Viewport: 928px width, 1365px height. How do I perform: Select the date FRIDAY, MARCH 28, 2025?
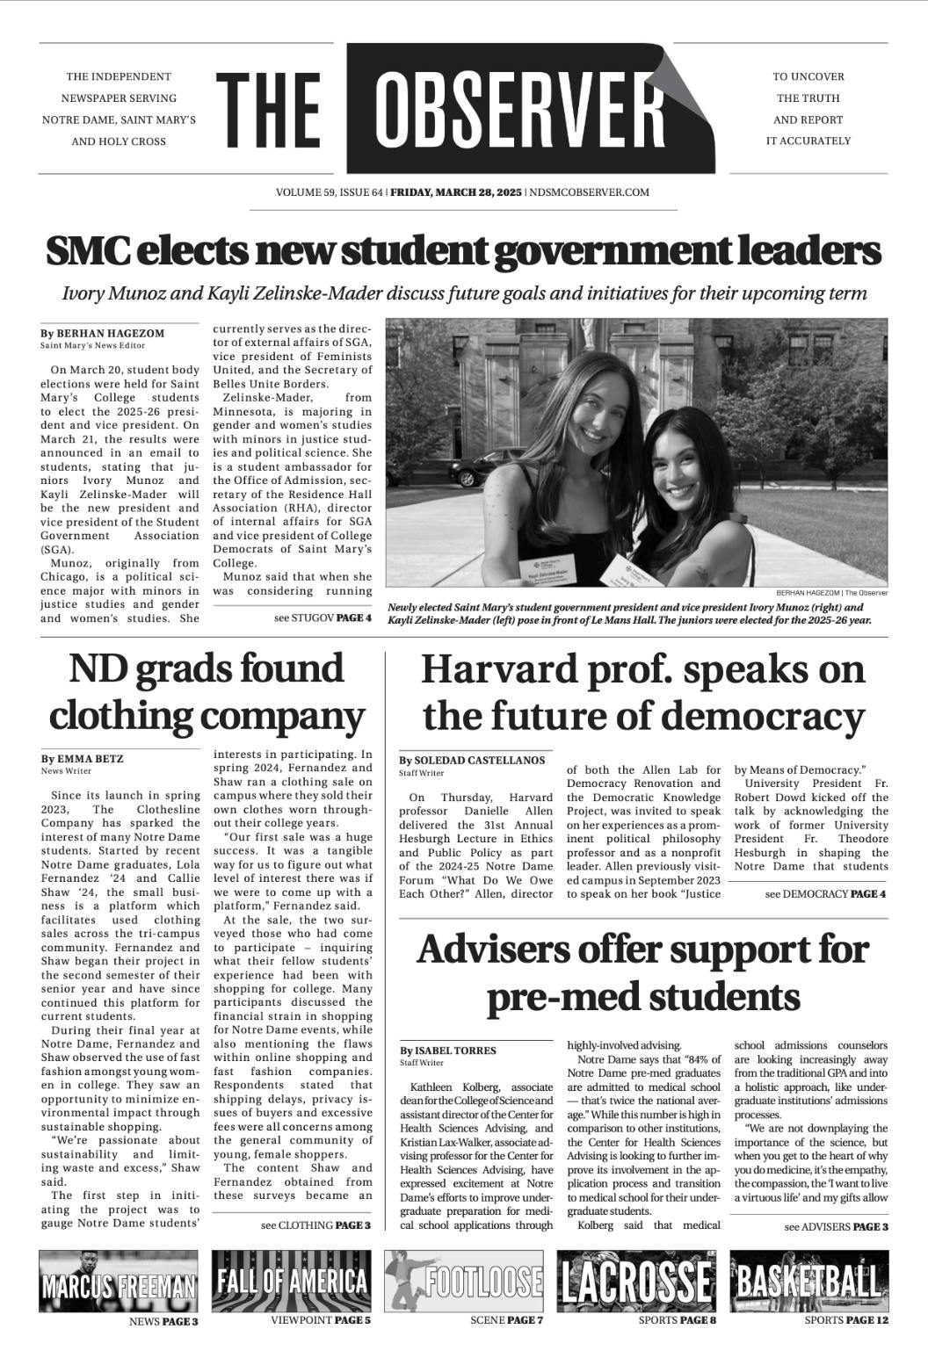[456, 191]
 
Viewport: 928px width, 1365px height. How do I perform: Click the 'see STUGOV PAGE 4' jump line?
[323, 617]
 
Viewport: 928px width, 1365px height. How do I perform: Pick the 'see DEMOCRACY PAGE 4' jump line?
[825, 893]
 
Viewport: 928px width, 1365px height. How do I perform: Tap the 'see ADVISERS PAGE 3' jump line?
[836, 1226]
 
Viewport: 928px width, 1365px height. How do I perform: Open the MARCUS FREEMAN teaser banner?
[119, 1280]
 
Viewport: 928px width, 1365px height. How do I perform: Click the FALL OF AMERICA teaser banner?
[291, 1280]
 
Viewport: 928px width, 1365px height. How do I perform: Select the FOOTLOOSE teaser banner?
[463, 1280]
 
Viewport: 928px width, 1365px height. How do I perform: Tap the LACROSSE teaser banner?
[635, 1280]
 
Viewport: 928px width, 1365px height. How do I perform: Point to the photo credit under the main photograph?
[832, 593]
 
